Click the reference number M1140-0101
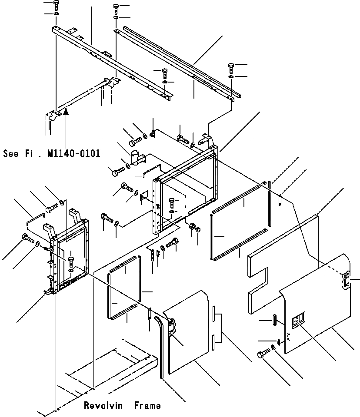coord(75,153)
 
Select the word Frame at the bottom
coord(147,406)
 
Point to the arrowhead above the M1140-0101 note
coord(65,112)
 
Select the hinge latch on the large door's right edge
coord(347,279)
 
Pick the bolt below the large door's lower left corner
coord(262,354)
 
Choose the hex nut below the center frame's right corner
coord(192,226)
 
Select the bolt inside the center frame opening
coord(173,202)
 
